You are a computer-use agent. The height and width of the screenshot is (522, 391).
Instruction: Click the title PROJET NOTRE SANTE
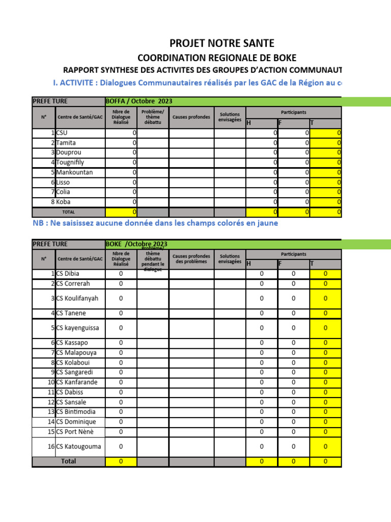[x=222, y=43]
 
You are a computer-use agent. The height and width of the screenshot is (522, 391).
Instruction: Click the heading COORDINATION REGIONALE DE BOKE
[x=217, y=58]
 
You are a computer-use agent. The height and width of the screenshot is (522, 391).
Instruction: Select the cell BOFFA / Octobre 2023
[x=135, y=101]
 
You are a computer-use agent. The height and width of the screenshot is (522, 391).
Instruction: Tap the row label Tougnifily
[x=70, y=162]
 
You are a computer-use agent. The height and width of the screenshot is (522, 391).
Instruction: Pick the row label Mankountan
[x=74, y=172]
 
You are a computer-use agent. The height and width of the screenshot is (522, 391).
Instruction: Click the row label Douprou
[x=69, y=152]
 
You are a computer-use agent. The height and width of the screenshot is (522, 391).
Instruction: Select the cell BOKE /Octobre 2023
[x=136, y=244]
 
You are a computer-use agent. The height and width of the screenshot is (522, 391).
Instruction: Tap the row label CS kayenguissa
[x=77, y=328]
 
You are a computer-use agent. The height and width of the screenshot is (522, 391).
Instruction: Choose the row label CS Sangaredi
[x=76, y=372]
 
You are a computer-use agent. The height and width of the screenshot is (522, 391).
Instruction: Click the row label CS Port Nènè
[x=75, y=432]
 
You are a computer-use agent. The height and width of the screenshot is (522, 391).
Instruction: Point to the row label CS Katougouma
[x=78, y=447]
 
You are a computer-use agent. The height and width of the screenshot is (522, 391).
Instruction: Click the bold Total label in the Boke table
[x=68, y=461]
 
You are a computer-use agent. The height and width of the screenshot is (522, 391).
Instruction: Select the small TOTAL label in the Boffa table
[x=68, y=212]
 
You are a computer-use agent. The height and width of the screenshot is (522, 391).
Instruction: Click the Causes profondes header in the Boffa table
[x=191, y=117]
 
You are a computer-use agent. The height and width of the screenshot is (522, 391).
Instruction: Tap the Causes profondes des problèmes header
[x=191, y=259]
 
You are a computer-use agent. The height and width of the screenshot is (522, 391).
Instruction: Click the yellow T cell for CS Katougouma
[x=325, y=447]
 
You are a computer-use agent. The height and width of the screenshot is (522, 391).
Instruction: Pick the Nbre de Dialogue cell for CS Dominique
[x=121, y=422]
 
